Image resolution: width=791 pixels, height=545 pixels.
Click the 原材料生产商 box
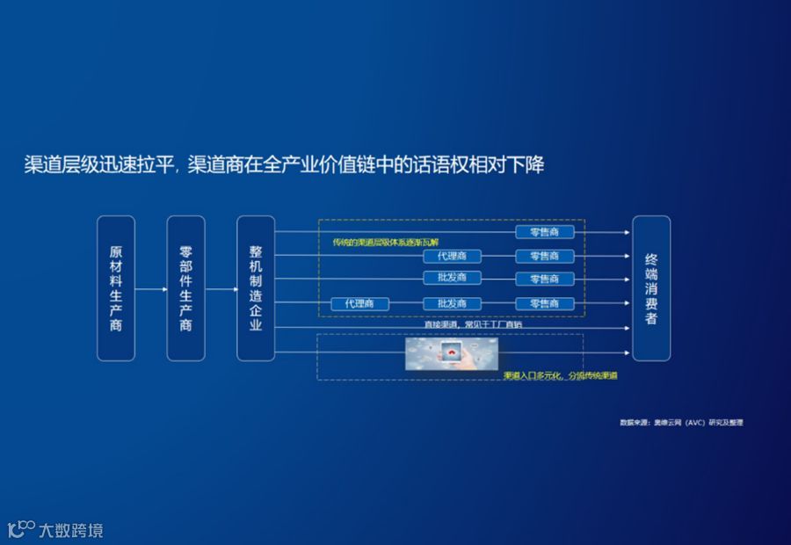[x=116, y=287]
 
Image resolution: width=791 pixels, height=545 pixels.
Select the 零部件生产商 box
[x=185, y=287]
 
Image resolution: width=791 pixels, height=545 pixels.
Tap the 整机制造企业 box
[x=256, y=287]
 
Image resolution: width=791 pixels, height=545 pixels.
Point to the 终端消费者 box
[x=651, y=287]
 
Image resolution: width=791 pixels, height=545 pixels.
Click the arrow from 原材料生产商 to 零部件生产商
[x=150, y=287]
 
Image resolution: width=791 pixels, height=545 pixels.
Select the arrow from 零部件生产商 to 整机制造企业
[x=221, y=287]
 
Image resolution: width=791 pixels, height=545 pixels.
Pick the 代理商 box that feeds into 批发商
[x=359, y=303]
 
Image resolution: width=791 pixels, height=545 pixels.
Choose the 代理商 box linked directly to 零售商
[x=452, y=256]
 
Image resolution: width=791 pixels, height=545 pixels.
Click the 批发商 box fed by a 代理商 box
[x=452, y=303]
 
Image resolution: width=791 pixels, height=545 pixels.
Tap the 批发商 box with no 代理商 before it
[x=452, y=279]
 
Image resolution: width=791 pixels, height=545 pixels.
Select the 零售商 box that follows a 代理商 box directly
[x=544, y=256]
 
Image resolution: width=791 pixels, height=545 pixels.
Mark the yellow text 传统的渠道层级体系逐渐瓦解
[x=386, y=242]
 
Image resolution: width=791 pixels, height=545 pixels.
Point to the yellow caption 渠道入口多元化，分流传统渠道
[x=560, y=375]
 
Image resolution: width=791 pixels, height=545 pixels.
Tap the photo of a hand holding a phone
[x=453, y=352]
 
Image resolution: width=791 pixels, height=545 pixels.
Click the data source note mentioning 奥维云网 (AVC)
[x=681, y=423]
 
